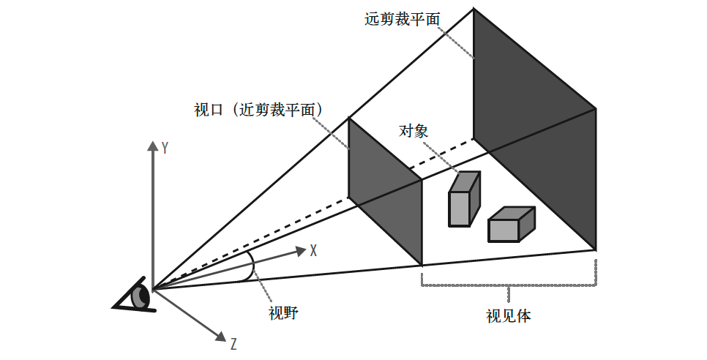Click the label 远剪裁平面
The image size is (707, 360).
[403, 19]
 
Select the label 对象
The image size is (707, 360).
[414, 131]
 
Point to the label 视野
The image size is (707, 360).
[283, 312]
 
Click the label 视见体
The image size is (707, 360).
[509, 316]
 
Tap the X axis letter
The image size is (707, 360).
[313, 250]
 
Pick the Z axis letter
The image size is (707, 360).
[233, 344]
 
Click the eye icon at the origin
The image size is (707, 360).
[134, 295]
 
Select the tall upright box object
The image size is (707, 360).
[463, 199]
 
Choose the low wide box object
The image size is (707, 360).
[512, 225]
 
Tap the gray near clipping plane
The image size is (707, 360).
[385, 191]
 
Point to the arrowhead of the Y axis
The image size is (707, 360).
[152, 145]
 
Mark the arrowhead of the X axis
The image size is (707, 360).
[302, 250]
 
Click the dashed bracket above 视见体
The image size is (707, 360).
[509, 285]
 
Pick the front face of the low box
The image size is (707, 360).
[504, 230]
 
